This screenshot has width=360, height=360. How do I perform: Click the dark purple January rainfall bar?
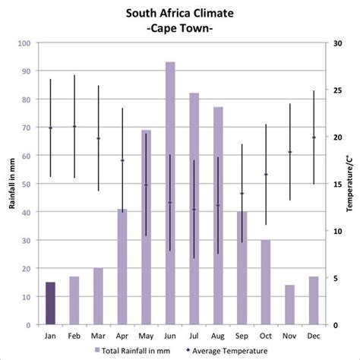(50, 303)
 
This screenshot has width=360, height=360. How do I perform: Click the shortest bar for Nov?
(289, 305)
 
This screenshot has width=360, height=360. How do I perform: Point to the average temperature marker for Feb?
(74, 127)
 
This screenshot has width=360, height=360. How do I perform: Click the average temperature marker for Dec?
(313, 137)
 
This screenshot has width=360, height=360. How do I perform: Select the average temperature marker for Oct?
(266, 175)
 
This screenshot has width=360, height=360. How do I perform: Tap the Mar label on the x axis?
(98, 335)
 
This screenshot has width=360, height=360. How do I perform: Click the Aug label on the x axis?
(218, 335)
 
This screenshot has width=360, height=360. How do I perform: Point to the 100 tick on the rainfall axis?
(24, 43)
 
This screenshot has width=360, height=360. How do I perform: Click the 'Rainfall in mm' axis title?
(10, 184)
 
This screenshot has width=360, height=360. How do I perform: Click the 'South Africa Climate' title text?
(180, 13)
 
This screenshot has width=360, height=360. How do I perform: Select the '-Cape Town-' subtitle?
(180, 28)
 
